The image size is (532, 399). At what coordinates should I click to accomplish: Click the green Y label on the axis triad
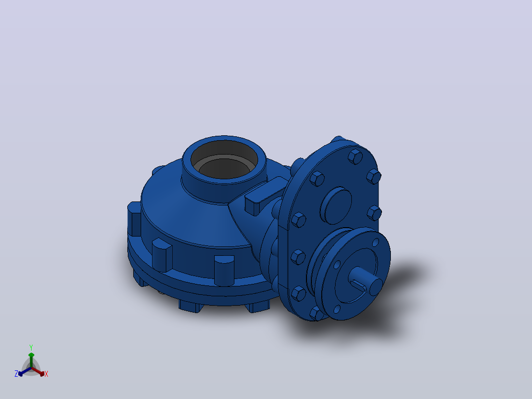click(x=31, y=348)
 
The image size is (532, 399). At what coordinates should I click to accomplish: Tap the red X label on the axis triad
click(x=46, y=374)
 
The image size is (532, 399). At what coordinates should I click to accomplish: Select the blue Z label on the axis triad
click(x=16, y=374)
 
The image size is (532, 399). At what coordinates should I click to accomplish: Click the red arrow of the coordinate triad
click(x=38, y=371)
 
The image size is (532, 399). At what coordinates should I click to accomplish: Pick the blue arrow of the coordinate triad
click(x=25, y=371)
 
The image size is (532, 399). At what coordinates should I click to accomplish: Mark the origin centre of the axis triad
click(x=31, y=368)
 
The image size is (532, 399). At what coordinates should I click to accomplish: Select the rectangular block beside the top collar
click(x=265, y=197)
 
